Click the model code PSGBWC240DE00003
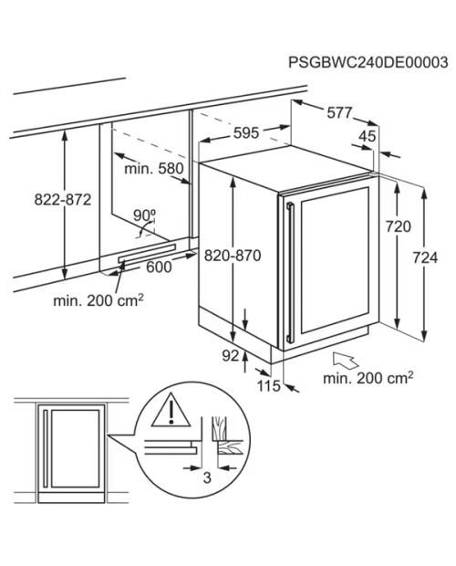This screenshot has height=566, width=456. pos(368,62)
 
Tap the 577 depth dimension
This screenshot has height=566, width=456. pos(339,113)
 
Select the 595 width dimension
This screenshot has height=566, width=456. pos(246,133)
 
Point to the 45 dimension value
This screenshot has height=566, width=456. pos(368,136)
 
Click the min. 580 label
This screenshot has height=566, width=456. pos(154,168)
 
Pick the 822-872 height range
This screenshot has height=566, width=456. pos(63,199)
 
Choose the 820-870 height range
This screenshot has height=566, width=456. pos(233,256)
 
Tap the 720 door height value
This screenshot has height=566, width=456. pos(399,226)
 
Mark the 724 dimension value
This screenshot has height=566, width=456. pos(425,257)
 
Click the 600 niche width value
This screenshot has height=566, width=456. pos(159,267)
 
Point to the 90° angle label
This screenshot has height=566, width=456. pos(144,215)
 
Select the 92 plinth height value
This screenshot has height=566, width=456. pos(231,356)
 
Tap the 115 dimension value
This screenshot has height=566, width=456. pos(268,386)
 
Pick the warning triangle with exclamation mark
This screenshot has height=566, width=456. pos(171,411)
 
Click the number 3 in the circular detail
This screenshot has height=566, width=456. pos(207,477)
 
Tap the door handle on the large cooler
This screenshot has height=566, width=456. pos(290,273)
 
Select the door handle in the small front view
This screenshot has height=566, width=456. pos(46,448)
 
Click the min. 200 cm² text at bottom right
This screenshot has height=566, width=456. pos(368,378)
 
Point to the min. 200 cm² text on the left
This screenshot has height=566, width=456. pos(98,300)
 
